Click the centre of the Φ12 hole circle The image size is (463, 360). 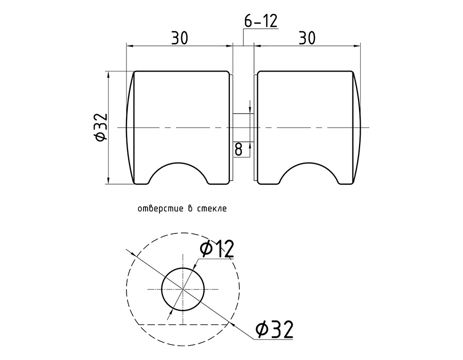pos(183,289)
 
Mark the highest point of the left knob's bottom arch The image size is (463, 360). pos(178,163)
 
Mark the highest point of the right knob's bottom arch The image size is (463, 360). pos(308,163)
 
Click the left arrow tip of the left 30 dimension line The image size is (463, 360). pos(127,46)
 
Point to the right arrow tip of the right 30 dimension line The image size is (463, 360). pos(360,46)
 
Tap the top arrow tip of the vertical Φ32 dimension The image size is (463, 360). pos(109,71)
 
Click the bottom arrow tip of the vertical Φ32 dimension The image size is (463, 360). pos(109,184)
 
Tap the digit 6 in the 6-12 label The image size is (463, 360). pos(249,21)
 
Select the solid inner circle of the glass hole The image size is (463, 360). pos(183,289)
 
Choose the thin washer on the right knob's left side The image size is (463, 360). pos(256,128)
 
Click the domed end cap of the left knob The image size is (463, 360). pos(130,128)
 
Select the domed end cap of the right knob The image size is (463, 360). pos(357,128)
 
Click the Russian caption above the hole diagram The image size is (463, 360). pos(182,209)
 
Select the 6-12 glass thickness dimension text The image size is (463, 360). pos(261,21)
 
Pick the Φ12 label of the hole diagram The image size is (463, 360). pos(217,248)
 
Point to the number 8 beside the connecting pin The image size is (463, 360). pos(238,149)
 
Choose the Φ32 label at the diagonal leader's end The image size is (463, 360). pos(275,329)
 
